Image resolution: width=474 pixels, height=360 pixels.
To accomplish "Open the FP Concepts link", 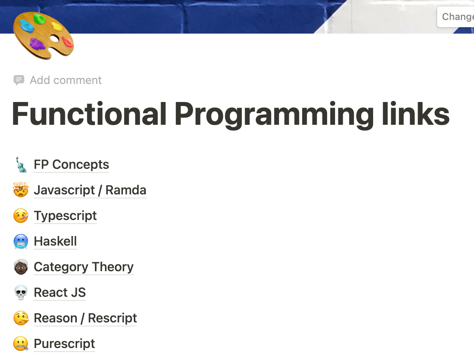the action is click(71, 164).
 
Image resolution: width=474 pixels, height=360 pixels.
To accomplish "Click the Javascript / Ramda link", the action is click(90, 190).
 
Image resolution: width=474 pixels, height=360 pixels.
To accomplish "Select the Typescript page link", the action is click(65, 216).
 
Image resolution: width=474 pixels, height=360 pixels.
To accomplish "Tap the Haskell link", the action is click(55, 241).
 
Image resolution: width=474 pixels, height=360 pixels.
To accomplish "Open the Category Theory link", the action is click(84, 267).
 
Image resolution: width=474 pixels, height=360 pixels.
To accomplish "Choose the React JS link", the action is click(60, 292).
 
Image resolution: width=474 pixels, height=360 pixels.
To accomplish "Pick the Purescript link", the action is click(64, 344).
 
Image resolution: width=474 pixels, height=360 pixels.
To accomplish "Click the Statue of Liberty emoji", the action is click(21, 164).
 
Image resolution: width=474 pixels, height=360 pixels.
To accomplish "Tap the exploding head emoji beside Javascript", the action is click(21, 190).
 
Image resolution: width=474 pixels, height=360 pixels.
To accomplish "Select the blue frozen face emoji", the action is click(21, 242).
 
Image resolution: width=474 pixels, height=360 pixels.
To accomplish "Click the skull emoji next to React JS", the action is click(21, 293).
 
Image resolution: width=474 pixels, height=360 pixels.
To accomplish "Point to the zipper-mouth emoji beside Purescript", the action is click(21, 344).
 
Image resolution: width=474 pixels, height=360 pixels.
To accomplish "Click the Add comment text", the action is click(66, 80).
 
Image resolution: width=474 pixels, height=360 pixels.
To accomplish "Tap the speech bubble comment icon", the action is click(19, 80).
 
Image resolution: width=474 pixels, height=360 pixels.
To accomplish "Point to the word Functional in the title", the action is click(90, 114).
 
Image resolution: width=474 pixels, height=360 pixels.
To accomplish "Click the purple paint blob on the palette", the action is click(38, 44).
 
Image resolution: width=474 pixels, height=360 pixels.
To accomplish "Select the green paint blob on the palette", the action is click(40, 19).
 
